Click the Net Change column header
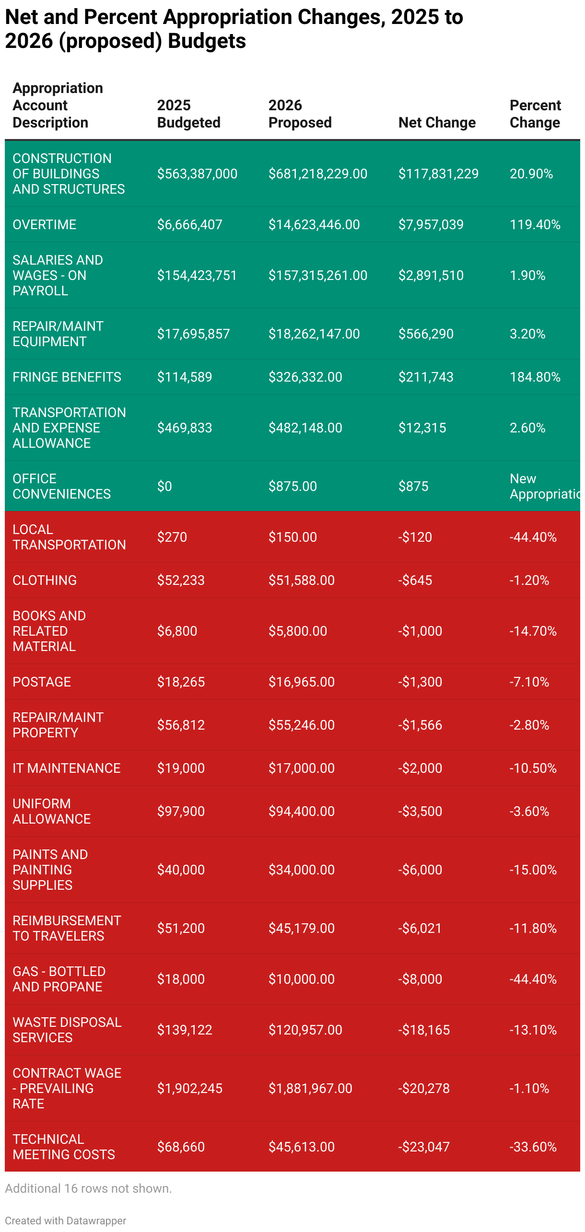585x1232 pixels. pos(437,123)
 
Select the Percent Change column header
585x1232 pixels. pos(535,114)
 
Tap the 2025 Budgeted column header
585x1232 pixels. pos(188,114)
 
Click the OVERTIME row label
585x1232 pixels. pos(45,225)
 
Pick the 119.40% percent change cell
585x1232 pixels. pos(535,225)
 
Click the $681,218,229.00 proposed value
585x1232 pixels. pos(317,174)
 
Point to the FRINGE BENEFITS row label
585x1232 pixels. pos(67,377)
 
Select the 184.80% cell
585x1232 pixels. pos(535,377)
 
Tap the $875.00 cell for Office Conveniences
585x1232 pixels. pos(292,487)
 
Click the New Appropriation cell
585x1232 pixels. pos(544,487)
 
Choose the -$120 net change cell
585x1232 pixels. pos(415,537)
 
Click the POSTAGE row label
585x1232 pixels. pos(42,682)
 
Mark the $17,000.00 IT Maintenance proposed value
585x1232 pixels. pos(301,768)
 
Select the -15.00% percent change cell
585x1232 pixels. pos(533,870)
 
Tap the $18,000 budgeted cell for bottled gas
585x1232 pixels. pos(181,979)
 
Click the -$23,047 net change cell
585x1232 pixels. pos(424,1147)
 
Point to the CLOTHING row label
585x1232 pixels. pos(45,581)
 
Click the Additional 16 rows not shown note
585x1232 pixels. pos(88,1189)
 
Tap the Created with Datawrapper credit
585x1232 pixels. pos(66,1221)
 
